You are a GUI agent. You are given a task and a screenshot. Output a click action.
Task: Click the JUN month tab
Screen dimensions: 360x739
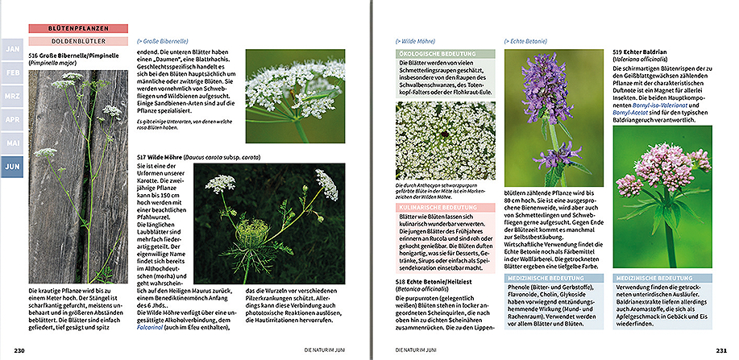13,168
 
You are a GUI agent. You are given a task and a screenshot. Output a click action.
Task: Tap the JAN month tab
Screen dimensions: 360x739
13,49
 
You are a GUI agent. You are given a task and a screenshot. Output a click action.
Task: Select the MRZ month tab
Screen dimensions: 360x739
13,96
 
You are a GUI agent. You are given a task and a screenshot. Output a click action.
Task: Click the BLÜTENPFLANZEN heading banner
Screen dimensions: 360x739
78,28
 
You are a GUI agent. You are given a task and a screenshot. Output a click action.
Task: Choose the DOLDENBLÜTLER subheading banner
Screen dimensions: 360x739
78,40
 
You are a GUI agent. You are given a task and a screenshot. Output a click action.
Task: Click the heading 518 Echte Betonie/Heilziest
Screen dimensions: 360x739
438,282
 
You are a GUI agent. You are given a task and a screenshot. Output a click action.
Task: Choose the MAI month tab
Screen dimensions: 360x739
13,143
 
